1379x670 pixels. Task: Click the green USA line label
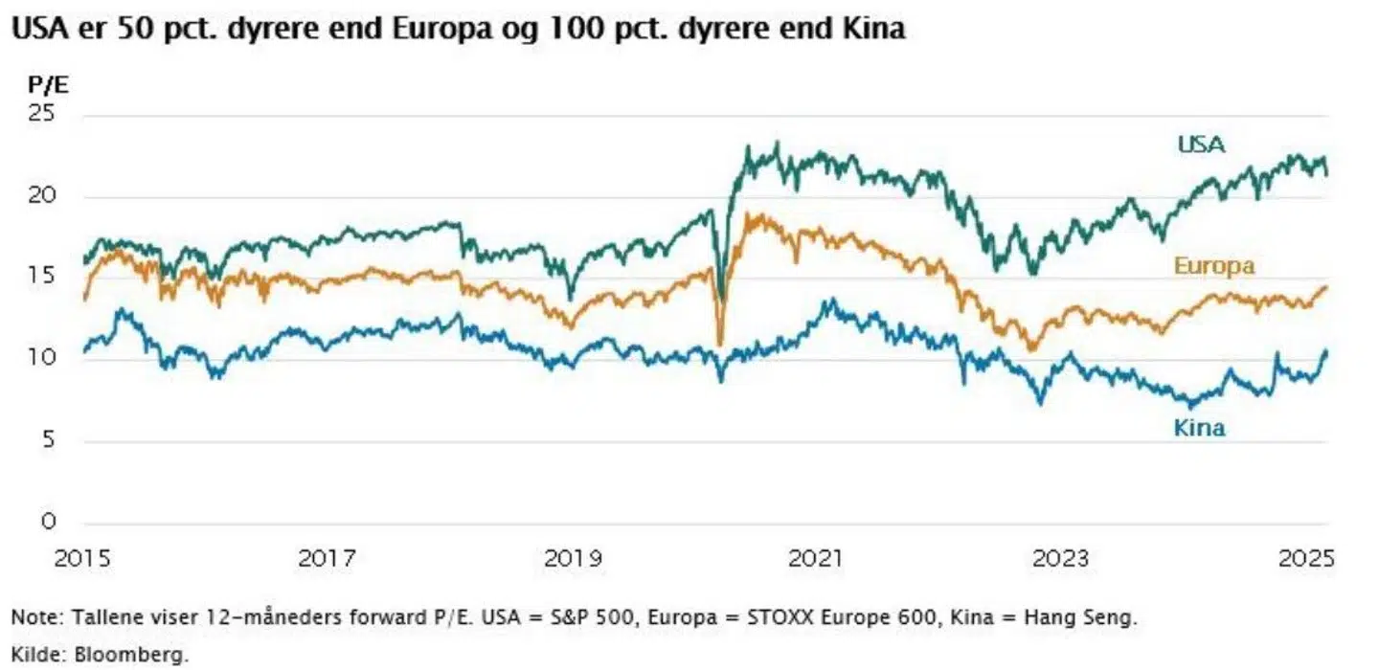1202,145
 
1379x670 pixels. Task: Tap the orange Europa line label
1213,266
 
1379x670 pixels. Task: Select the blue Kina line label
1199,428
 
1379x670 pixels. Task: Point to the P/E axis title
50,84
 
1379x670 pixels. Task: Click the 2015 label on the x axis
84,558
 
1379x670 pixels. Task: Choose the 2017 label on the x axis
328,558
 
